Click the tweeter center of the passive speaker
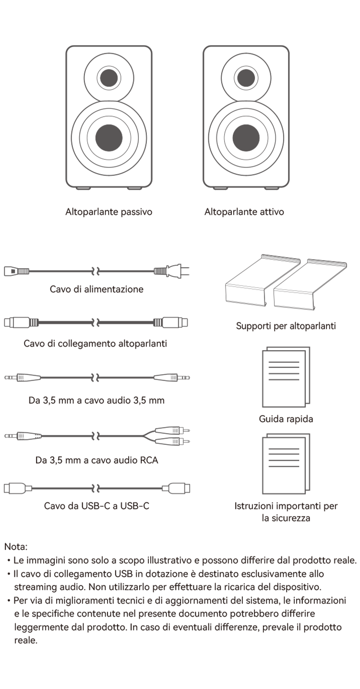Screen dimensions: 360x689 point(108,78)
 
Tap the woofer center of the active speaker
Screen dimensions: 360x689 point(246,138)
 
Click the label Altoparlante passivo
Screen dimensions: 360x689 point(108,212)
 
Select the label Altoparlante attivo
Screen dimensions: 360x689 point(244,212)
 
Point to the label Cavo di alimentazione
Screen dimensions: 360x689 point(96,289)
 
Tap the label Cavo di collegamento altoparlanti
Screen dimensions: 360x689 point(96,343)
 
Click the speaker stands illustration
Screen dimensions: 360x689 point(286,282)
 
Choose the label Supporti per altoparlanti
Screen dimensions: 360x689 point(286,326)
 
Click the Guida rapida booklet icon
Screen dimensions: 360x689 point(286,377)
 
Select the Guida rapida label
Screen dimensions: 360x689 point(286,419)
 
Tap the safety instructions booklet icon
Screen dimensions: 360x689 point(286,463)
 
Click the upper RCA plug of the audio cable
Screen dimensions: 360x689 point(172,430)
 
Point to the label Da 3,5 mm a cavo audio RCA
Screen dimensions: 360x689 point(96,460)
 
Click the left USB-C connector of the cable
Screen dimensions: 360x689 point(18,488)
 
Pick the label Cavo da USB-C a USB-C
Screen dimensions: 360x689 point(96,506)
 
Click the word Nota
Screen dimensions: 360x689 point(16,546)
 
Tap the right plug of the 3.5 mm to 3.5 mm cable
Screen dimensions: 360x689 point(172,377)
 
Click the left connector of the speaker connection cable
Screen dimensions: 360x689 point(22,322)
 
